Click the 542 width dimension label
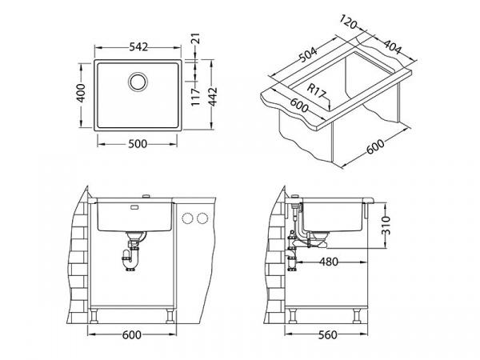pyautogui.click(x=138, y=47)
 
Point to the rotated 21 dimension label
pyautogui.click(x=196, y=38)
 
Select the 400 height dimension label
pyautogui.click(x=81, y=93)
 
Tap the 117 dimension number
pyautogui.click(x=195, y=97)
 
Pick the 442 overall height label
pyautogui.click(x=213, y=97)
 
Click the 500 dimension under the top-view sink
pyautogui.click(x=138, y=144)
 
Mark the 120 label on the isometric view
pyautogui.click(x=348, y=22)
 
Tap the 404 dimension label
pyautogui.click(x=392, y=47)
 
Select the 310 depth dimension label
pyautogui.click(x=386, y=225)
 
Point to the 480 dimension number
pyautogui.click(x=329, y=262)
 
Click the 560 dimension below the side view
pyautogui.click(x=327, y=335)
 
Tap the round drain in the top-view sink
pyautogui.click(x=138, y=82)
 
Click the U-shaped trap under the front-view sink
pyautogui.click(x=130, y=259)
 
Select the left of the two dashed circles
pyautogui.click(x=187, y=218)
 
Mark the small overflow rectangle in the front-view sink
pyautogui.click(x=134, y=207)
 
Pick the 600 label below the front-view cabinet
pyautogui.click(x=132, y=335)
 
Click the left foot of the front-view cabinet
pyautogui.click(x=94, y=316)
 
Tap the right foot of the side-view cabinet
pyautogui.click(x=358, y=316)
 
